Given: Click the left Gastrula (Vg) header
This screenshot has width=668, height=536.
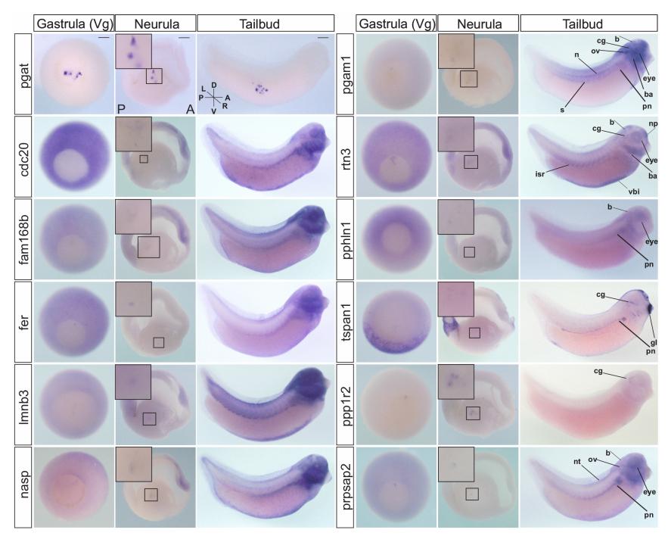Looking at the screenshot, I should click(x=73, y=24).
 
